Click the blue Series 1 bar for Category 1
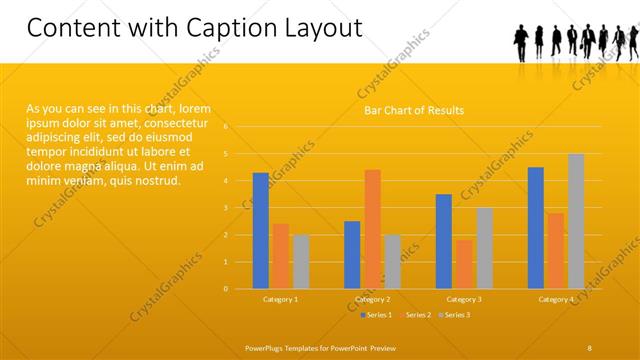pyautogui.click(x=260, y=231)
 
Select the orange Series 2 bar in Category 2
pyautogui.click(x=372, y=229)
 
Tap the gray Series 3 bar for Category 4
pyautogui.click(x=576, y=221)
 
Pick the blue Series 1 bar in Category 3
pyautogui.click(x=444, y=241)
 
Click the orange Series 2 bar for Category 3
pyautogui.click(x=464, y=264)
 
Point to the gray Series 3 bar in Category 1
pyautogui.click(x=301, y=262)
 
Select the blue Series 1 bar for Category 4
pyautogui.click(x=536, y=228)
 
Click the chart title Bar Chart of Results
pyautogui.click(x=413, y=110)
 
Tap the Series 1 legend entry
pyautogui.click(x=376, y=315)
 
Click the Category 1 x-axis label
pyautogui.click(x=281, y=299)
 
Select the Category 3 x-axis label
pyautogui.click(x=464, y=299)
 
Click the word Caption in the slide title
pyautogui.click(x=221, y=27)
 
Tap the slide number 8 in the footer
pyautogui.click(x=589, y=347)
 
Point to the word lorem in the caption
pyautogui.click(x=197, y=108)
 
